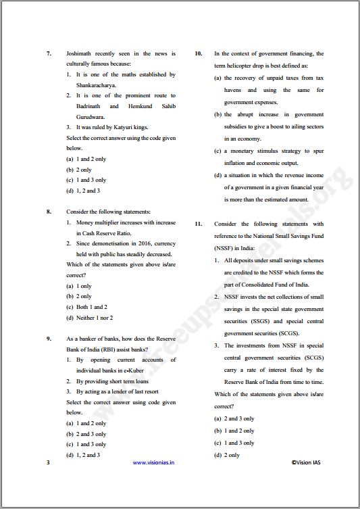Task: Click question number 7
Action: [49, 53]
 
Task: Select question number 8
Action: [49, 212]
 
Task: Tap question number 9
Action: [49, 339]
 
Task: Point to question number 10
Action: [199, 53]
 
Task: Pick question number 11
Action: [199, 224]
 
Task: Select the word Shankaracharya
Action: [96, 85]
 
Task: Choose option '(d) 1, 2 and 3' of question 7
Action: [83, 191]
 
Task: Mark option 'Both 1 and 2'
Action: [91, 307]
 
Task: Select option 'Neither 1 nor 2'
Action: [94, 318]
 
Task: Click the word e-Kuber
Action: [132, 370]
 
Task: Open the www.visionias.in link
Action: [154, 463]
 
